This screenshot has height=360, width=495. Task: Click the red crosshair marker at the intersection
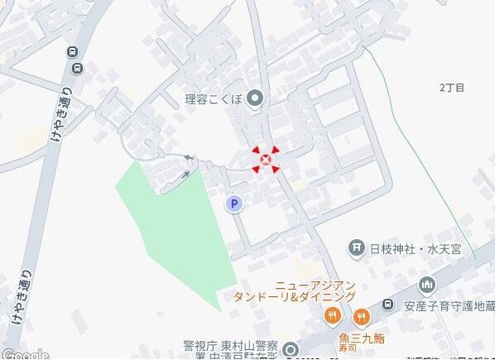(x=266, y=160)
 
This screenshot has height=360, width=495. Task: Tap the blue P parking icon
(x=234, y=203)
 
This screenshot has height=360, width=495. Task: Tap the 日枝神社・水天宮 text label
(x=416, y=247)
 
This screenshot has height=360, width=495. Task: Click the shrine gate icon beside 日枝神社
(x=356, y=247)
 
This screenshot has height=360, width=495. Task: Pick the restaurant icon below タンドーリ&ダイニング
(x=332, y=314)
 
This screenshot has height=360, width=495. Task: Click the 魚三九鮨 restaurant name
(x=360, y=337)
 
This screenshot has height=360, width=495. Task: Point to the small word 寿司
(x=360, y=348)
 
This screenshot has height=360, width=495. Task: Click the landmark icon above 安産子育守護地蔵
(x=427, y=285)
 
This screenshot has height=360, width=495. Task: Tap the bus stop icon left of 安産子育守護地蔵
(x=387, y=304)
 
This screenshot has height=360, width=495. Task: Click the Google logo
(x=25, y=354)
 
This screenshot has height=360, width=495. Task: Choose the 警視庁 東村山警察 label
(x=234, y=346)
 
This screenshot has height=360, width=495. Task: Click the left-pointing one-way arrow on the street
(x=189, y=157)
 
